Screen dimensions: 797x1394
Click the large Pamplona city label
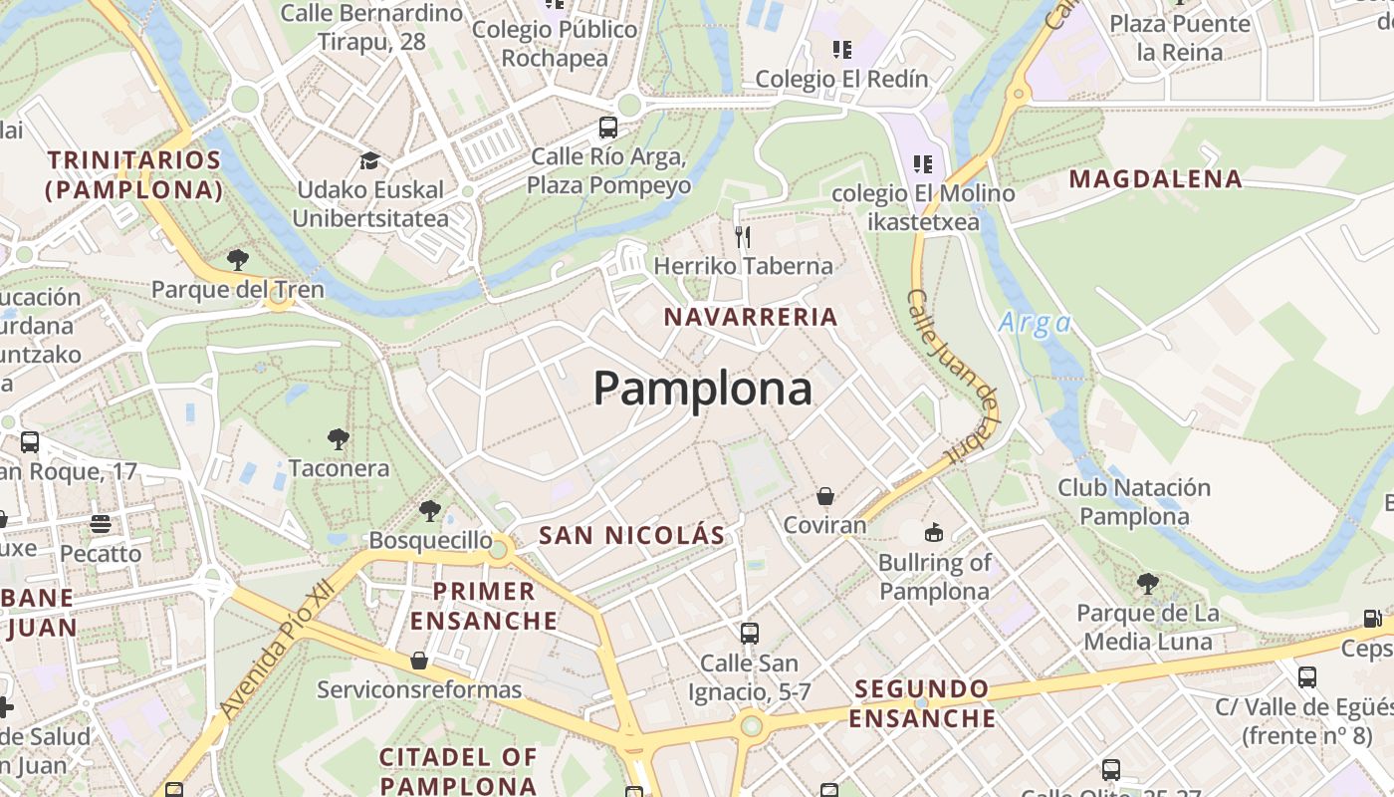click(703, 389)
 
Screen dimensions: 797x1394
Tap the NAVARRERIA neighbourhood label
click(751, 317)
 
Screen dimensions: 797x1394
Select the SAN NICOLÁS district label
click(632, 535)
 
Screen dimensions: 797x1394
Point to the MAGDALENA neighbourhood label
click(1156, 179)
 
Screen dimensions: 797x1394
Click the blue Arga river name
click(1035, 323)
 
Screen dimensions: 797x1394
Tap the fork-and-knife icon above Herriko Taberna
click(742, 236)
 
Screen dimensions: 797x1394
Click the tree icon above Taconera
click(339, 438)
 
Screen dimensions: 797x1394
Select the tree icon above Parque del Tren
click(237, 260)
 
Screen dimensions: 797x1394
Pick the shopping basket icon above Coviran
click(824, 495)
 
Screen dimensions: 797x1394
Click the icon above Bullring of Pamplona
click(934, 533)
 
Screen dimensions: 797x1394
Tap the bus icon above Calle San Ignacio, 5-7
click(749, 633)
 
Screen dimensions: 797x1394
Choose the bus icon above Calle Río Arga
click(607, 128)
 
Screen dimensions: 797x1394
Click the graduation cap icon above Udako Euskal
click(369, 160)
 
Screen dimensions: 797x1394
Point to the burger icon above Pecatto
click(100, 523)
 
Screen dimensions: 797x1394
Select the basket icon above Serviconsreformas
click(419, 660)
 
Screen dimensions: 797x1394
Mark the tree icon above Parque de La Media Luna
click(1147, 583)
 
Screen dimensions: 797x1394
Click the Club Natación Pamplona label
click(1134, 502)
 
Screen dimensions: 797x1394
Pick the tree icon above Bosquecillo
click(430, 511)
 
